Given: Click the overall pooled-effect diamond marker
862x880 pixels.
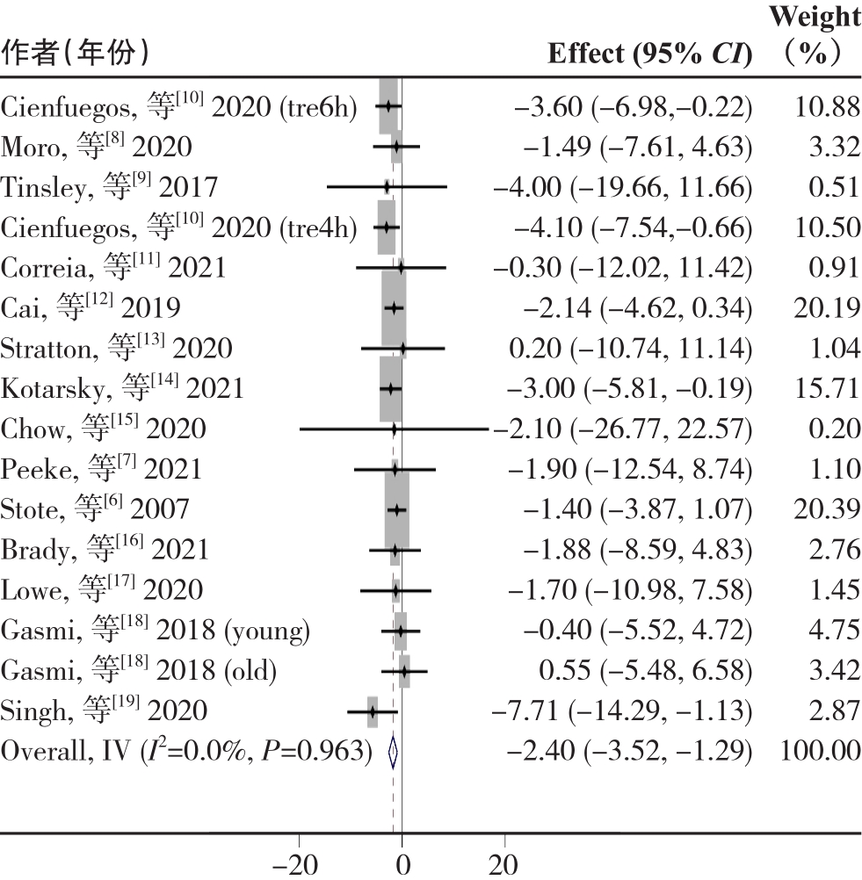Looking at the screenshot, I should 393,754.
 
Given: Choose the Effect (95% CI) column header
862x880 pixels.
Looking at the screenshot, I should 650,54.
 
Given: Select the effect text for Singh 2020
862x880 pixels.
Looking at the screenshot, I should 631,711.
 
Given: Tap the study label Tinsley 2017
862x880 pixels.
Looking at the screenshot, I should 109,186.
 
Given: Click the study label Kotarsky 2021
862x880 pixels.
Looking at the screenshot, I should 122,388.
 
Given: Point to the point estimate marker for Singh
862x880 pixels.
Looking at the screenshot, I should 373,711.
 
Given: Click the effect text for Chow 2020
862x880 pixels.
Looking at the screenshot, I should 625,429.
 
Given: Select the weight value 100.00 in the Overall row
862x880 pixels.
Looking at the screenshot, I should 819,753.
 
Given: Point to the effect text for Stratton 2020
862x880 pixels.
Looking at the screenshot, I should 631,349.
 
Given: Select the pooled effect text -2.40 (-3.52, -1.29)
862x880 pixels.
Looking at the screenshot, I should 631,753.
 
